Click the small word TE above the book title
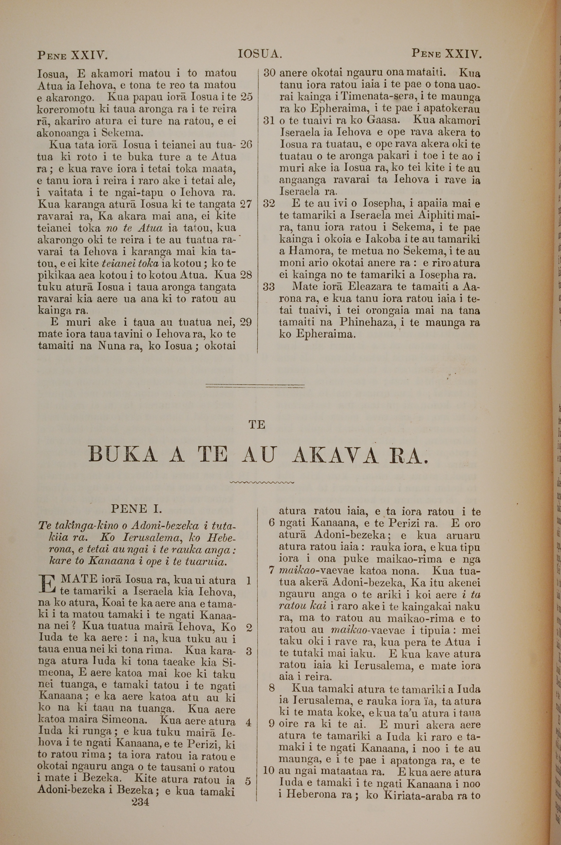pos(257,425)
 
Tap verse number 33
pos(269,287)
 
